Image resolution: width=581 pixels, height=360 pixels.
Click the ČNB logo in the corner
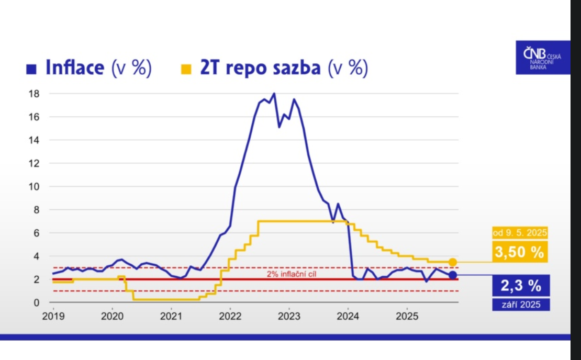[x=542, y=57]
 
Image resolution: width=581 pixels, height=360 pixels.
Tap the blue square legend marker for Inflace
[x=31, y=69]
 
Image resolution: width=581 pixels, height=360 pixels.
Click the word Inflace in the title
[x=75, y=68]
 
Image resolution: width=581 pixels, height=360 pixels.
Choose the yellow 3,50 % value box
[x=519, y=252]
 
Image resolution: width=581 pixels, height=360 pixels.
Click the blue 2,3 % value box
[x=520, y=286]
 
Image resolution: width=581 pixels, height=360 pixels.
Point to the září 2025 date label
[x=520, y=305]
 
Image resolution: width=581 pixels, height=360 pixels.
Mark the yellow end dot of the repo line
[x=453, y=262]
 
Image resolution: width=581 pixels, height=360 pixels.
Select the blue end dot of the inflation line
[x=453, y=275]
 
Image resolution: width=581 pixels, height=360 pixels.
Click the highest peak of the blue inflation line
[x=274, y=94]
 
